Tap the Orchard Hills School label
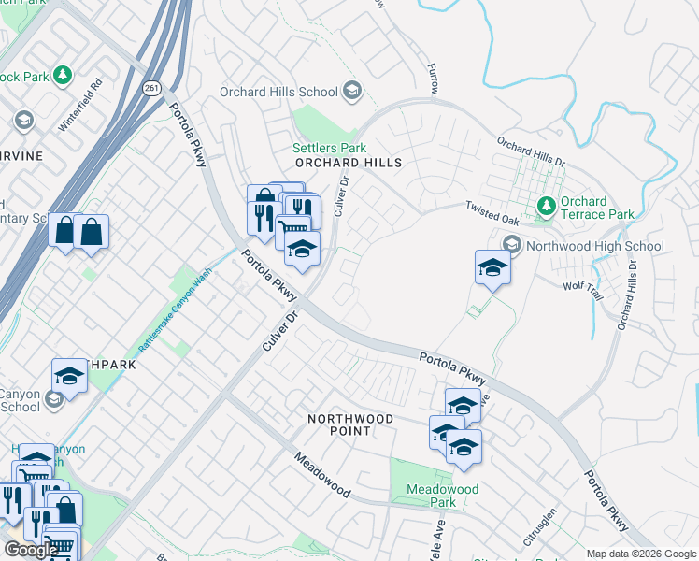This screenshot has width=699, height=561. click(278, 92)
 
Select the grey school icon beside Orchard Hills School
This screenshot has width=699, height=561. click(352, 91)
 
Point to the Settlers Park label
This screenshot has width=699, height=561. click(329, 148)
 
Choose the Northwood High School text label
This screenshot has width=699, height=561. click(595, 247)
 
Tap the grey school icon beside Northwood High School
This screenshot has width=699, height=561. click(512, 246)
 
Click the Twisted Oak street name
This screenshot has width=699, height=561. click(492, 212)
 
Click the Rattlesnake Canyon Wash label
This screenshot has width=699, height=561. click(175, 309)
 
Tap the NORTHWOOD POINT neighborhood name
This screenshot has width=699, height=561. click(350, 424)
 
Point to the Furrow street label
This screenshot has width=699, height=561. click(432, 78)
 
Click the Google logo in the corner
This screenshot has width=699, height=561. click(31, 550)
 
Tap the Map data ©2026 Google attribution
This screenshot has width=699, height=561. click(641, 554)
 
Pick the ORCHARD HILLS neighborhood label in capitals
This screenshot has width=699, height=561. click(348, 163)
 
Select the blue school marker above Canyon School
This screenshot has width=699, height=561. click(69, 376)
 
